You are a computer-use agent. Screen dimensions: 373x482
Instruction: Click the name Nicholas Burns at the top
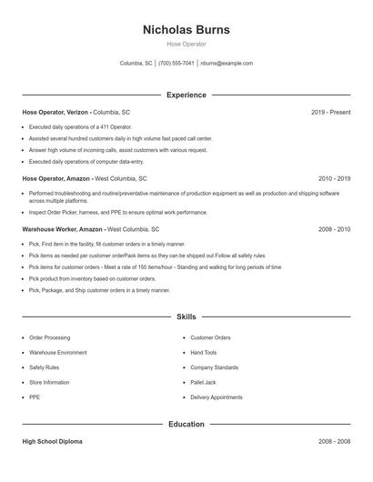[x=186, y=29]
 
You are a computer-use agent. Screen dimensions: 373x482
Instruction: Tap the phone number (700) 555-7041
[x=176, y=64]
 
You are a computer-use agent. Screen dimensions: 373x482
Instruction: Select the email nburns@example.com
[x=227, y=64]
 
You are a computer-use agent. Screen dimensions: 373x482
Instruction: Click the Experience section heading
[x=186, y=95]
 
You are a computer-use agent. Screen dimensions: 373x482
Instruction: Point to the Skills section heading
[x=186, y=316]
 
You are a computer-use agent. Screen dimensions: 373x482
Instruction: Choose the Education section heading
[x=186, y=424]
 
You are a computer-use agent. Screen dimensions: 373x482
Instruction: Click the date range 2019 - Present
[x=330, y=112]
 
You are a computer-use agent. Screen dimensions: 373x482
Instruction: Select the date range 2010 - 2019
[x=334, y=179]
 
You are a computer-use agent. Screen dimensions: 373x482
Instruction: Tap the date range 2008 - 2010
[x=334, y=229]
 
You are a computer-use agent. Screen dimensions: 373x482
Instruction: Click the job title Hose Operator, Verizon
[x=55, y=112]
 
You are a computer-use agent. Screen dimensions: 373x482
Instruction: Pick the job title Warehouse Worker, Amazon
[x=63, y=229]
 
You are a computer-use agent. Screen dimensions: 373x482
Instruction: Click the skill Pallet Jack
[x=203, y=382]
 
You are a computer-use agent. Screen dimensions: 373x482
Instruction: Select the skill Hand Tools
[x=204, y=352]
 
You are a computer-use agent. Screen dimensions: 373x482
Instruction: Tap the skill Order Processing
[x=49, y=337]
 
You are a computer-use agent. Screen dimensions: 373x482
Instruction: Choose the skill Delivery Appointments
[x=217, y=397]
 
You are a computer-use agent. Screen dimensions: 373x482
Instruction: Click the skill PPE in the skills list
[x=35, y=397]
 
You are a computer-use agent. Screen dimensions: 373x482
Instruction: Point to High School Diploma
[x=54, y=441]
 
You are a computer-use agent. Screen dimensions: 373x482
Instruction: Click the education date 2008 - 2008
[x=334, y=441]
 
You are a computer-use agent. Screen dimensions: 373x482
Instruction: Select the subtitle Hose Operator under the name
[x=186, y=44]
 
